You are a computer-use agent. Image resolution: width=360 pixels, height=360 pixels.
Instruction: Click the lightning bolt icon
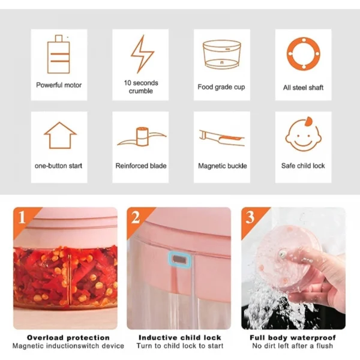[x=142, y=54]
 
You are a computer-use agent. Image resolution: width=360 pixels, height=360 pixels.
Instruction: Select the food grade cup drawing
[x=222, y=54]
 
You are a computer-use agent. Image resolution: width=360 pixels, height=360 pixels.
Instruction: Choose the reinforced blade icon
[x=142, y=137]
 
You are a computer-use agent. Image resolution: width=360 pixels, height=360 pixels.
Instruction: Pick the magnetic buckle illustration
[x=222, y=137]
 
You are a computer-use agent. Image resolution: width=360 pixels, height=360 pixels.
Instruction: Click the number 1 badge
[x=22, y=217]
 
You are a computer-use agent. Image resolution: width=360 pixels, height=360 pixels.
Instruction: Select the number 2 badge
[x=136, y=217]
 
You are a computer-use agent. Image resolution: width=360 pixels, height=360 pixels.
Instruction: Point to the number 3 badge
[x=250, y=217]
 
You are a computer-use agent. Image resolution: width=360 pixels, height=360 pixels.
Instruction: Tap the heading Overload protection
[x=68, y=337]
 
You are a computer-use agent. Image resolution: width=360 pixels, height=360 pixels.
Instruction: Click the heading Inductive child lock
[x=180, y=337]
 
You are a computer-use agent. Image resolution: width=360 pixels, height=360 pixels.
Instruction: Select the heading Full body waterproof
[x=293, y=337]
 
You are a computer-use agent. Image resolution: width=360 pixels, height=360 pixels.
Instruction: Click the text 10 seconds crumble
[x=141, y=87]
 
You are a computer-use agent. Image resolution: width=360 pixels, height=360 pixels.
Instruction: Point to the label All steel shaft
[x=303, y=88]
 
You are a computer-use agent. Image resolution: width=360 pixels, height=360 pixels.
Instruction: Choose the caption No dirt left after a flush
[x=293, y=346]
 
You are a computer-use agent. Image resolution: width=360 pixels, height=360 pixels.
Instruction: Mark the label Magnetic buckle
[x=223, y=166]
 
